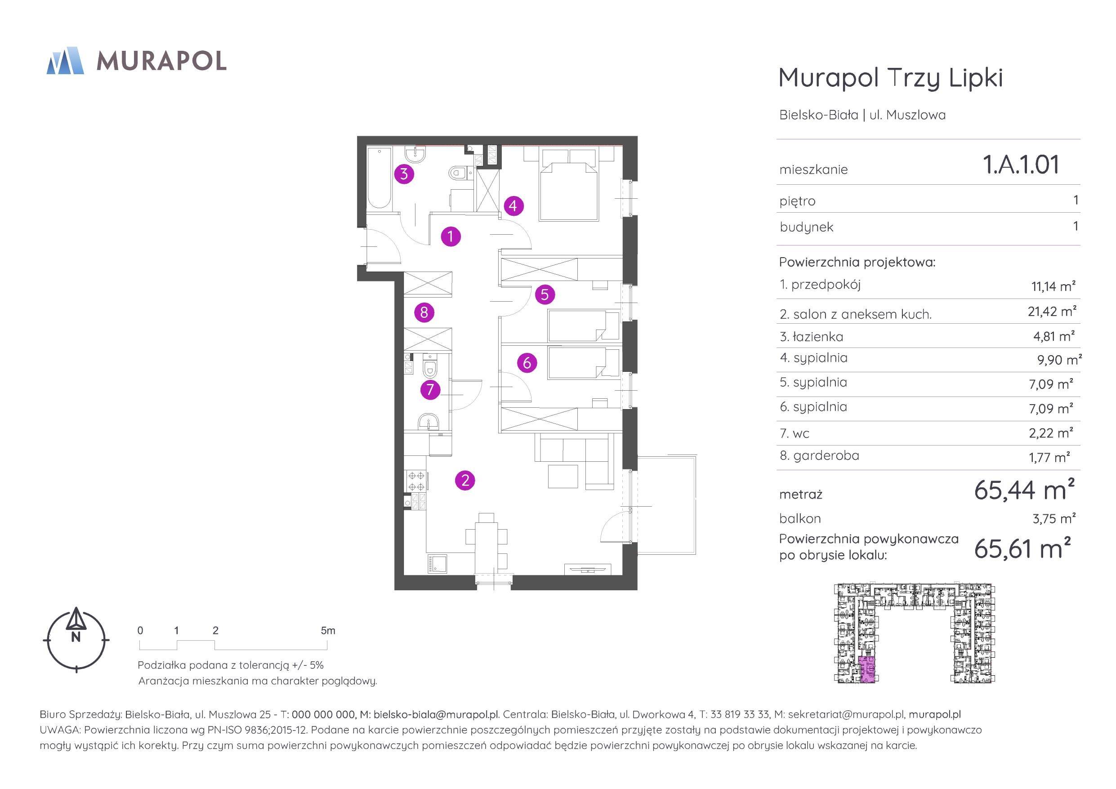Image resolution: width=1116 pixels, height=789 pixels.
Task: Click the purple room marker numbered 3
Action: click(x=404, y=174)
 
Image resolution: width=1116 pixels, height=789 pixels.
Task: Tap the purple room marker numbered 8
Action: click(x=424, y=312)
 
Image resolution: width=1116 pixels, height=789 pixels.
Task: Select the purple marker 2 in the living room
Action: click(x=465, y=480)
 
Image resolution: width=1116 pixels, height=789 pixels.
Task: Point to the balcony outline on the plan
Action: click(x=667, y=504)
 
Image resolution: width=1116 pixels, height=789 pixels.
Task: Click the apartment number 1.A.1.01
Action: click(x=1021, y=164)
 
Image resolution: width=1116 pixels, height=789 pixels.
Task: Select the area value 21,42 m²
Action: click(x=1052, y=311)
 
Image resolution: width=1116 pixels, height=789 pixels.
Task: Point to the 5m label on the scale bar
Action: click(x=328, y=630)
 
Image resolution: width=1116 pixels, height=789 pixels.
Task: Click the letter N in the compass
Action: click(x=76, y=637)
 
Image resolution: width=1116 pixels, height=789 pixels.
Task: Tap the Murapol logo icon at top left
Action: click(x=65, y=61)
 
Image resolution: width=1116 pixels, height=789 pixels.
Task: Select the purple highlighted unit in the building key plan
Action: click(x=866, y=669)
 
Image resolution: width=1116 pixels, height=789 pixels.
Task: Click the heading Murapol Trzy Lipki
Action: click(x=890, y=78)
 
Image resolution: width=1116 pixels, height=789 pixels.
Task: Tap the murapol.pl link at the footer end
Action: click(x=935, y=714)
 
